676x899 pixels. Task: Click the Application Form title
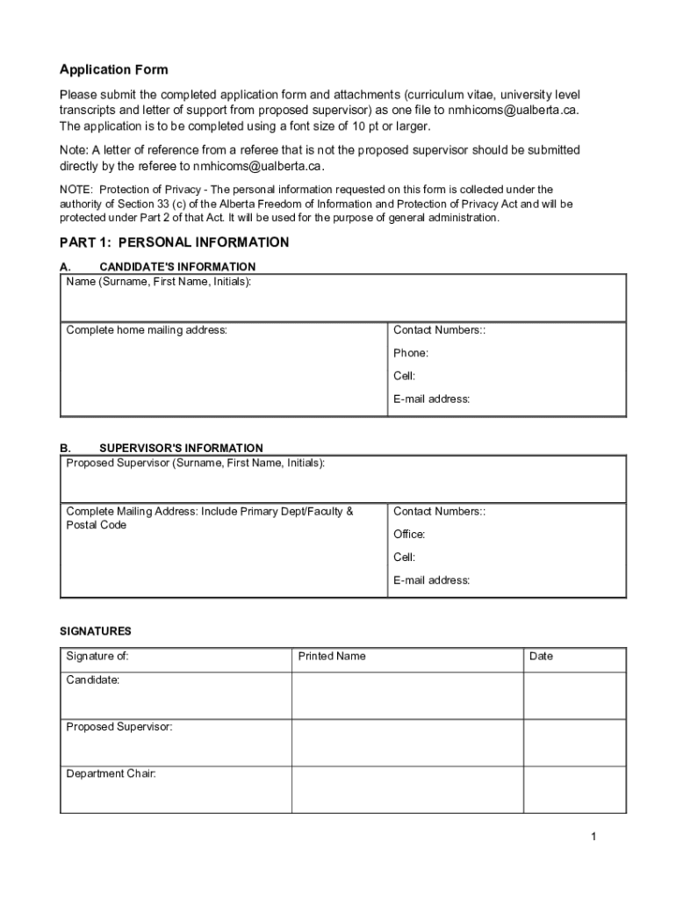tap(113, 69)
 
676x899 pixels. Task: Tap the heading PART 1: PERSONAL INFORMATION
tap(174, 242)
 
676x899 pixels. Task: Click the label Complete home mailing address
tap(147, 330)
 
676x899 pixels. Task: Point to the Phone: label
tap(411, 353)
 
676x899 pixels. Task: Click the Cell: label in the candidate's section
tap(404, 376)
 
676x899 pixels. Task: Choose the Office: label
tap(409, 534)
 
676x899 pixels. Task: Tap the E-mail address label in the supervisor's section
tap(431, 579)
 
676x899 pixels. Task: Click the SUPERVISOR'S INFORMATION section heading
tap(181, 448)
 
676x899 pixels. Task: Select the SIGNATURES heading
tap(96, 630)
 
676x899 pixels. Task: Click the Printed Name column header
tap(332, 656)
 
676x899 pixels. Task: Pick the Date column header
tap(542, 656)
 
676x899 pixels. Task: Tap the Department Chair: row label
tap(111, 773)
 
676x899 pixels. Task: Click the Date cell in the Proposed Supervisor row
tap(574, 742)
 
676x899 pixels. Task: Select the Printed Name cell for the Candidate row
tap(407, 695)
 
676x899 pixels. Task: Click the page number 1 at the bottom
tap(593, 837)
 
